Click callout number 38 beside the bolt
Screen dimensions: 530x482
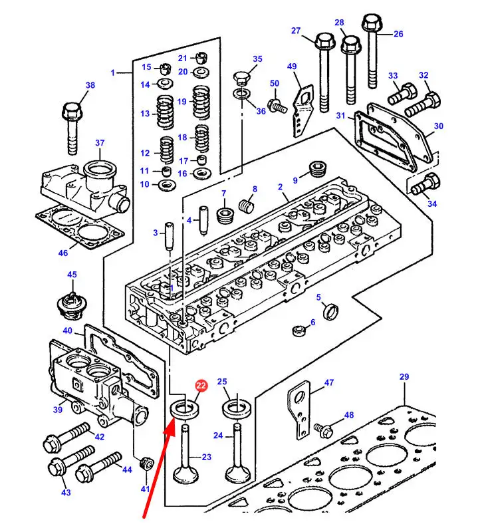point(90,84)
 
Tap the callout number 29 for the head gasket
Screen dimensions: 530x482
point(404,377)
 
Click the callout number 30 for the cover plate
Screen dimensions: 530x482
point(438,126)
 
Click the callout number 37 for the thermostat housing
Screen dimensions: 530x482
point(100,143)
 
